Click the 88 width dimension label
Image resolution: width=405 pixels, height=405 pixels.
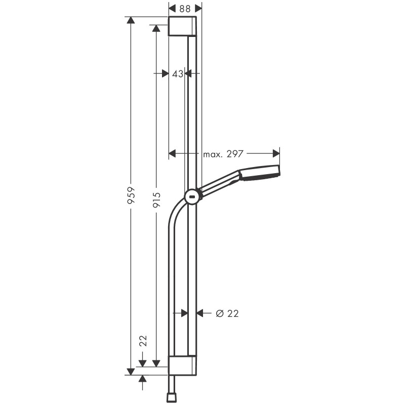[x=185, y=8]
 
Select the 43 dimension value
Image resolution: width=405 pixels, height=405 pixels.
[x=177, y=74]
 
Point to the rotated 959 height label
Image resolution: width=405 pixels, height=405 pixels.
[x=131, y=195]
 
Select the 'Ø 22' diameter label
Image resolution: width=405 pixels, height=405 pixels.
[x=227, y=313]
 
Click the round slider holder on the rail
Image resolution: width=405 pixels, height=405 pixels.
[x=193, y=196]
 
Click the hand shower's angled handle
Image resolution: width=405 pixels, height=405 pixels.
[x=220, y=183]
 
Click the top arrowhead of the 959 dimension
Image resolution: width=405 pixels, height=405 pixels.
[x=131, y=20]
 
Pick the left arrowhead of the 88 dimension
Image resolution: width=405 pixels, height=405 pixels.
[x=172, y=8]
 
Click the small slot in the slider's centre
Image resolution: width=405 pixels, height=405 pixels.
[x=193, y=196]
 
